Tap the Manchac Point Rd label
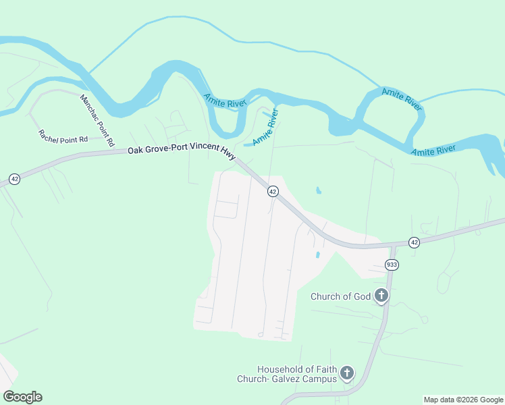pos(97,121)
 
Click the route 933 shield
pos(391,264)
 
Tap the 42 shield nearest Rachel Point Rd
pos(14,179)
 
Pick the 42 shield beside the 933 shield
pos(414,242)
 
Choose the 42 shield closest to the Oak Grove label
pos(273,192)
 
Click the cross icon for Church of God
pos(381,295)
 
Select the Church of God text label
pos(341,296)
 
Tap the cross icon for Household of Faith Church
pos(346,373)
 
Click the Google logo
pos(22,397)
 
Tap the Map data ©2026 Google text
pos(463,400)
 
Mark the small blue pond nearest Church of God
pos(317,255)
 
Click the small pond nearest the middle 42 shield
pos(318,191)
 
